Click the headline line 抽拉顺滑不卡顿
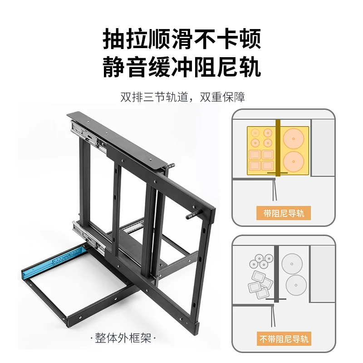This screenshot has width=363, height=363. (x=182, y=39)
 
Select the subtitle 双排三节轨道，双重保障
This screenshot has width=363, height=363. (x=182, y=97)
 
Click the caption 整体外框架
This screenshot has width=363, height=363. (x=123, y=338)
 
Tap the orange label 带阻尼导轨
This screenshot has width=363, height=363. (x=284, y=213)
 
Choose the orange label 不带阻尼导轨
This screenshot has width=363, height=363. (x=284, y=338)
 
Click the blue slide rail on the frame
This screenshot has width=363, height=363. (x=53, y=262)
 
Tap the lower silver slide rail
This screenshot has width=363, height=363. (x=89, y=236)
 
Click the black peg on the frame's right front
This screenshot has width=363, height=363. (x=194, y=214)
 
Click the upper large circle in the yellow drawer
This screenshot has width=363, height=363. (x=294, y=139)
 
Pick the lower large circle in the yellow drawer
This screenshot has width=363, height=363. (x=294, y=162)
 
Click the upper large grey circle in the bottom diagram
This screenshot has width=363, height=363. (x=292, y=264)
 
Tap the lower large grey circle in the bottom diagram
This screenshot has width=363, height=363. (x=296, y=285)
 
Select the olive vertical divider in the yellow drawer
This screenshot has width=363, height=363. (x=278, y=148)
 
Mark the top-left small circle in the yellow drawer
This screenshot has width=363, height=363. (x=255, y=133)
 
